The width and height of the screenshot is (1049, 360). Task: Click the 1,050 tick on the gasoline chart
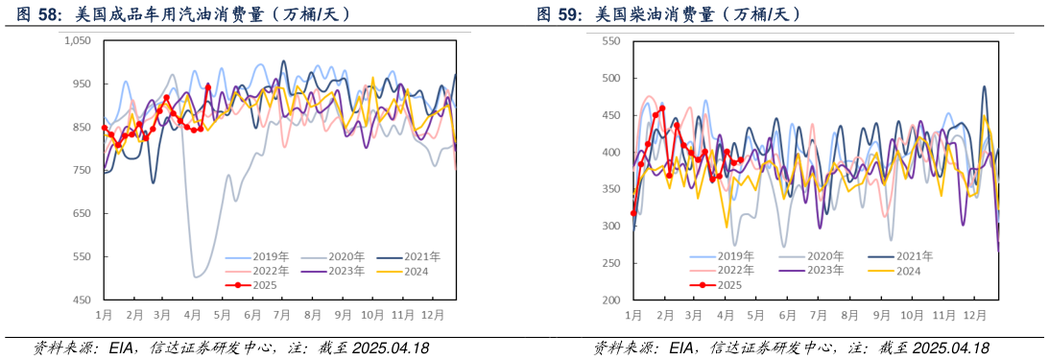pos(77,40)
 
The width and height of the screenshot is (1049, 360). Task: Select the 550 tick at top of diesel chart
pos(610,40)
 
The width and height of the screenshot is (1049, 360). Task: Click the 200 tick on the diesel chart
pos(610,300)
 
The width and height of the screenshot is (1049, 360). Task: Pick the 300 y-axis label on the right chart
pos(610,226)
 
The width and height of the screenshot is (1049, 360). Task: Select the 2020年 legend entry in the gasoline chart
pos(342,256)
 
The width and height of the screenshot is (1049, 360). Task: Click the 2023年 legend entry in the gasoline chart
pos(342,271)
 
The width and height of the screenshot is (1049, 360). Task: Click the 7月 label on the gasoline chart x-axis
pos(282,314)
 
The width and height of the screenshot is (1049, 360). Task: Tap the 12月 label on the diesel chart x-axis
pos(975,314)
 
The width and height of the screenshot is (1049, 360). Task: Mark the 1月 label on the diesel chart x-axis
pos(633,314)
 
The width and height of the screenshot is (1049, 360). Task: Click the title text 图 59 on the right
pos(558,14)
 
